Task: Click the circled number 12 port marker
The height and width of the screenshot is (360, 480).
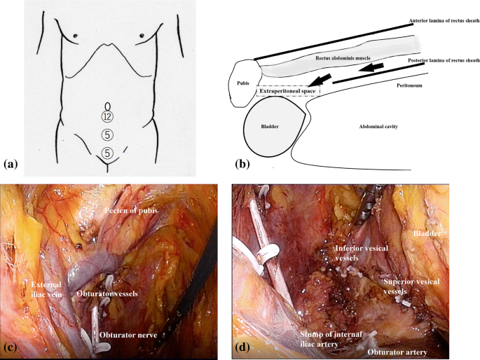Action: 107,116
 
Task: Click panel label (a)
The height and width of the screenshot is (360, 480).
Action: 11,165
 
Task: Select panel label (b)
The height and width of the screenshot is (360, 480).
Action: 242,165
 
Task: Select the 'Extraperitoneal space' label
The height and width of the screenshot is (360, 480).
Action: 287,90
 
